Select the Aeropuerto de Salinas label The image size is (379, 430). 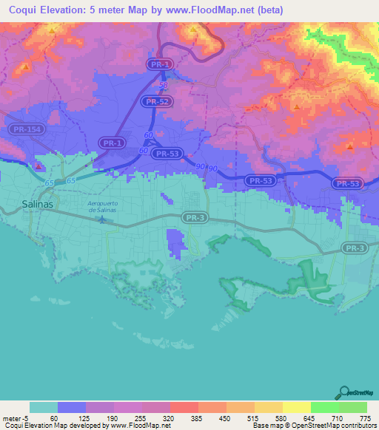(x=102, y=207)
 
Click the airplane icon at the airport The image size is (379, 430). (x=102, y=219)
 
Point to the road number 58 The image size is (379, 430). (x=163, y=86)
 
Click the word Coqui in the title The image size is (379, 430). (x=18, y=10)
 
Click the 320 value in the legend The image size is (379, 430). (x=168, y=417)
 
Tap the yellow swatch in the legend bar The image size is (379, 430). (x=296, y=407)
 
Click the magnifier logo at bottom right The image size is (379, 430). (x=343, y=392)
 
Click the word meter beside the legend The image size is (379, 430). (x=11, y=417)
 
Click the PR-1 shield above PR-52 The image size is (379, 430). (x=156, y=65)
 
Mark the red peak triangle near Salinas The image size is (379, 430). (x=38, y=166)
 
